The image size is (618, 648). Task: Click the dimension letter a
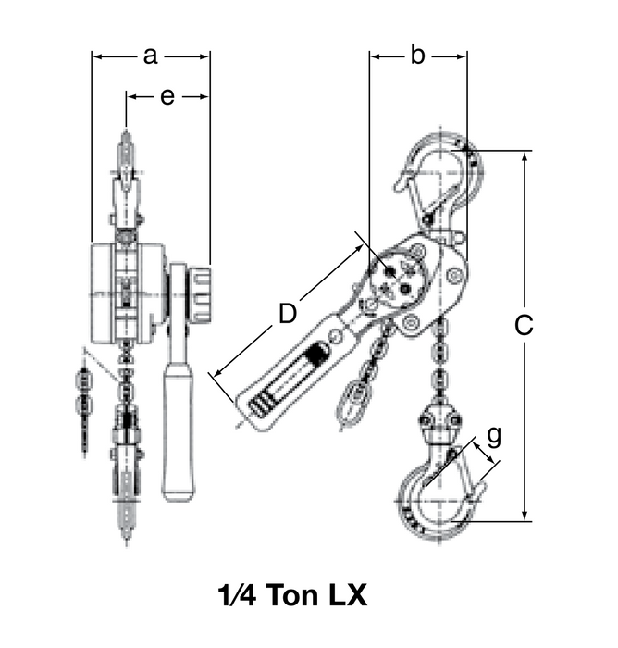151,56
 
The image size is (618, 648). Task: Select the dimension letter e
167,96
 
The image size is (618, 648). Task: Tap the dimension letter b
417,56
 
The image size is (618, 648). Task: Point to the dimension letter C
524,326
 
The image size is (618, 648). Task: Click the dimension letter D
288,314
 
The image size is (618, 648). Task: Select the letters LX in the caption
345,595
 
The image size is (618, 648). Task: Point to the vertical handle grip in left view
178,430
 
